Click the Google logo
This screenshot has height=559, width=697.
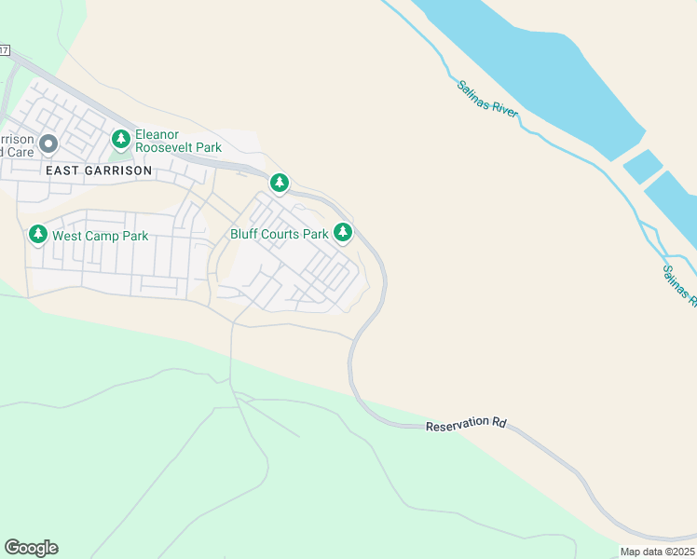(31, 548)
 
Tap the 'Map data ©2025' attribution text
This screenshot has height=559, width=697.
(657, 552)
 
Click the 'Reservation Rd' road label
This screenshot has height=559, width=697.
(465, 424)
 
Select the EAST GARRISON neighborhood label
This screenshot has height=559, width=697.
(98, 170)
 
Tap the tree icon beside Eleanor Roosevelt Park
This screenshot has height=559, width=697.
(120, 140)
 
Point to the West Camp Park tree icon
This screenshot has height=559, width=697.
(37, 235)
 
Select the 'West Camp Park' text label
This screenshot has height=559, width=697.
(100, 236)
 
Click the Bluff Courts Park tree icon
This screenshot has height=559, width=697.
(343, 233)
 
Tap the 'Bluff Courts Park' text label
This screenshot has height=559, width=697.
(279, 234)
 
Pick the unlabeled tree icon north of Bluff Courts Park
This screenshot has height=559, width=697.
(279, 183)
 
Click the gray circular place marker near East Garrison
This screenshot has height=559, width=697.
(48, 143)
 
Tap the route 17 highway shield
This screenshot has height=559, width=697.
(5, 48)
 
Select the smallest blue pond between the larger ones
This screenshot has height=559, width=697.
(642, 165)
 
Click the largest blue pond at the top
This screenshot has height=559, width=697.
(531, 65)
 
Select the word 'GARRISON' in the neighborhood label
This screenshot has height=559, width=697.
(116, 170)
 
